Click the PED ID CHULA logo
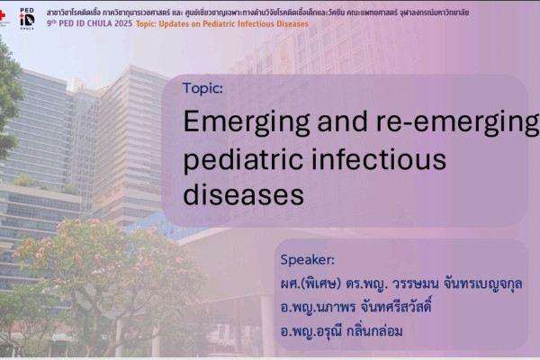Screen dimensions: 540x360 tap(27, 19)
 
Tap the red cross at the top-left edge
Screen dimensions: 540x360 tap(2, 15)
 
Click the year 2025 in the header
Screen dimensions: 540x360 tap(123, 23)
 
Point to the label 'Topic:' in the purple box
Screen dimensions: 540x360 tap(202, 88)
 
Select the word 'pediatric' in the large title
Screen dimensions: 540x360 tap(243, 160)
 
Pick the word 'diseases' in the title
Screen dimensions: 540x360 tap(244, 194)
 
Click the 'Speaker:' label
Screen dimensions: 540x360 tap(307, 260)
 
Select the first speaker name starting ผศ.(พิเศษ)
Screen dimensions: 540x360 tap(401, 284)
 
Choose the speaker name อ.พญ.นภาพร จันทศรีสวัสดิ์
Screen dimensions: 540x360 tap(355, 307)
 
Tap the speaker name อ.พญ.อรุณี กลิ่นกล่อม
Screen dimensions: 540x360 tap(341, 331)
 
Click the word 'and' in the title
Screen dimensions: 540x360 tap(342, 121)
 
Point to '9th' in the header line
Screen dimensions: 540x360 tap(51, 23)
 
